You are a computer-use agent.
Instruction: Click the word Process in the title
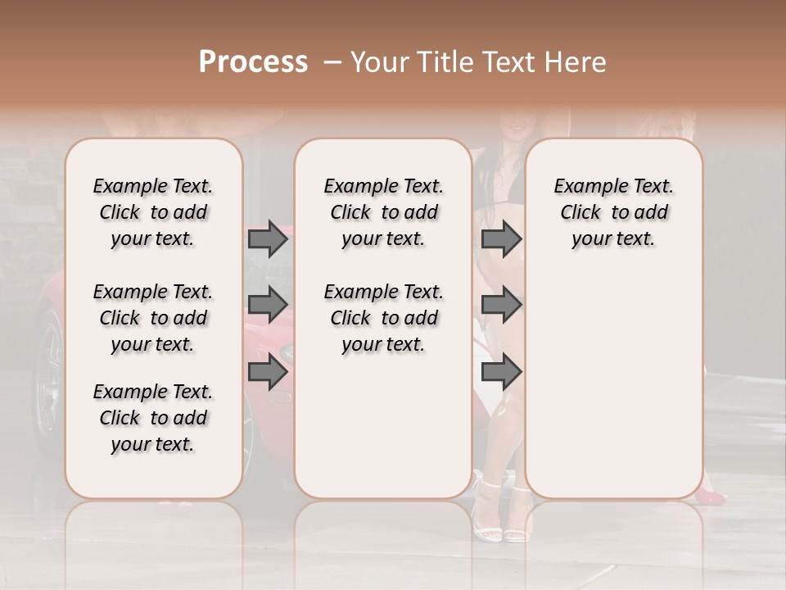[x=253, y=62]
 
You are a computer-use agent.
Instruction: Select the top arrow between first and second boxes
[x=268, y=239]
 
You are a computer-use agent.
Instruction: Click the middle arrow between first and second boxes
[x=268, y=305]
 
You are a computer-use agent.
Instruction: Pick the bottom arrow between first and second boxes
[x=268, y=372]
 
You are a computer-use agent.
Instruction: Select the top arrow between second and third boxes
[x=501, y=239]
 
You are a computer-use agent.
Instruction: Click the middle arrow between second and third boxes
[x=501, y=305]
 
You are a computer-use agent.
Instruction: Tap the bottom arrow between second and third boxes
[x=501, y=372]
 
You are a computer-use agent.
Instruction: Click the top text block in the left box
[x=153, y=212]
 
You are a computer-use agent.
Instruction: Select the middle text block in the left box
[x=153, y=318]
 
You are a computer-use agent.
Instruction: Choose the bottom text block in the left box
[x=153, y=418]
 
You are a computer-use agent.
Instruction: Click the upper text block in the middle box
[x=383, y=212]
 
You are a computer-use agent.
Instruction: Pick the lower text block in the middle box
[x=383, y=318]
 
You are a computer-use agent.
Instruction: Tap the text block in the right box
[x=614, y=212]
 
